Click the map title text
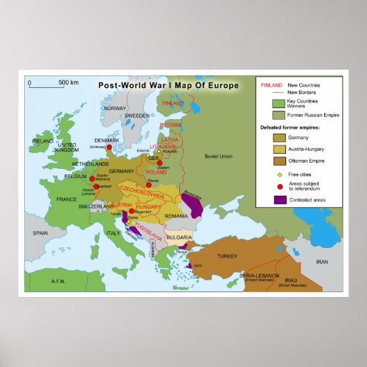pyautogui.click(x=168, y=85)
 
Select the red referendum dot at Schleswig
pyautogui.click(x=109, y=147)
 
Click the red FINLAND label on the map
pyautogui.click(x=172, y=102)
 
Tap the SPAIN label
pyautogui.click(x=40, y=233)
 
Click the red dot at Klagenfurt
pyautogui.click(x=132, y=211)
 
